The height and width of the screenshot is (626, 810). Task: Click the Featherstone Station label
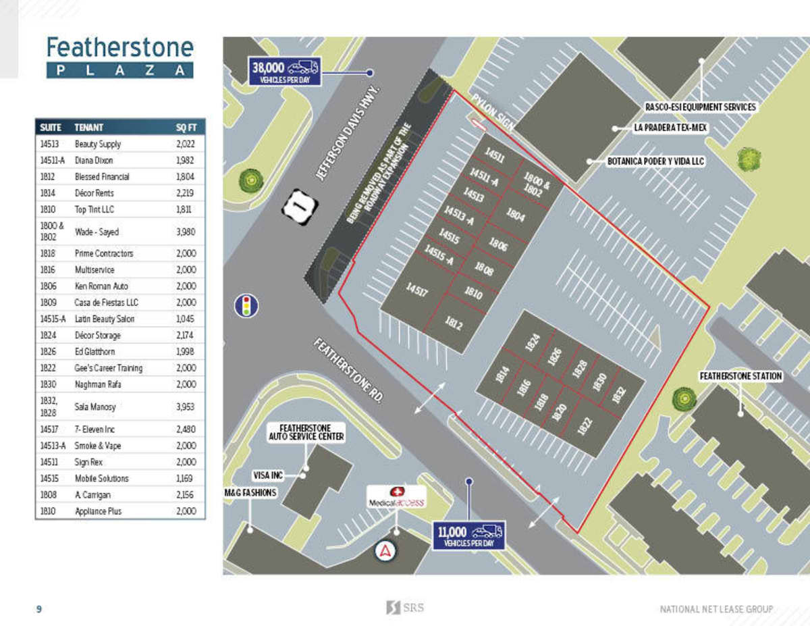click(740, 375)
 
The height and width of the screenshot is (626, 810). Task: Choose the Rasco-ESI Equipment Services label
click(700, 107)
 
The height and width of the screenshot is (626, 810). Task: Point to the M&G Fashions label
click(250, 493)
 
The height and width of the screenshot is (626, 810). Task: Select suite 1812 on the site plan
click(454, 323)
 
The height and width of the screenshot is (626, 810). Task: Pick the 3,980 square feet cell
click(186, 232)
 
